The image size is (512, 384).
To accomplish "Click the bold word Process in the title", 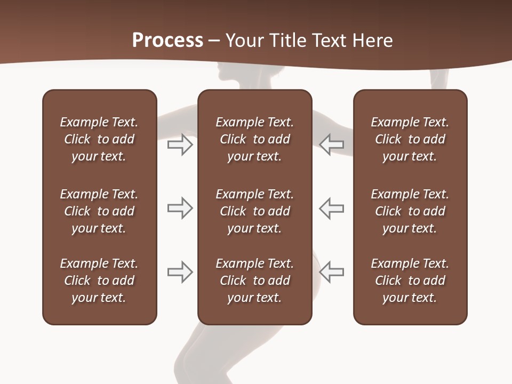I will pos(167,41).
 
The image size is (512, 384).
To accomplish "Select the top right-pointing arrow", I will pos(180,145).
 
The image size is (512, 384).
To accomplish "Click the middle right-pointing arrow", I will pos(180,208).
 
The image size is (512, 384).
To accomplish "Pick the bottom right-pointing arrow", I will pos(180,272).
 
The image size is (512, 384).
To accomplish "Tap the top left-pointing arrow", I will pos(332,145).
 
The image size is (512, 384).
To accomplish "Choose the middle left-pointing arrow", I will pos(332,208).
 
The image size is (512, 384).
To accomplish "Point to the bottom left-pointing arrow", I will pos(332,272).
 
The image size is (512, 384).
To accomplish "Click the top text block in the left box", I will pos(99,139).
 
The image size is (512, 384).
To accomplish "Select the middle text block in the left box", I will pos(99,211).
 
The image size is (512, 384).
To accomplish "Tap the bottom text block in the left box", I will pos(99,281).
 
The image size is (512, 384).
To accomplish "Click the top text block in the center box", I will pos(254,139).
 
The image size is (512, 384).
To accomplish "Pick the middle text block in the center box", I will pos(254,211).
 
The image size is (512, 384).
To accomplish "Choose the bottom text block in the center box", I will pos(254,281).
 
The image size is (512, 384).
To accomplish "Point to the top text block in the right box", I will pos(410,139).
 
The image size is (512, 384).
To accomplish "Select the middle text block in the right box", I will pos(410,211).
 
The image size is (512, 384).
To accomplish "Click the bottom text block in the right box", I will pos(410,281).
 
